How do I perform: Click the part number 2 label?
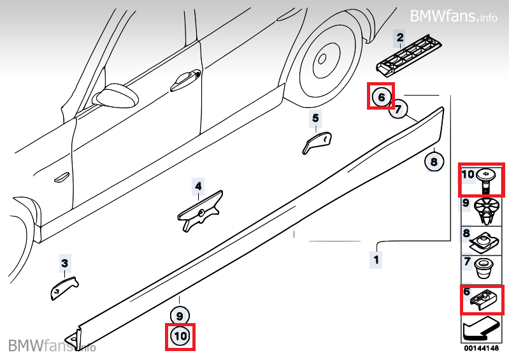click(400, 38)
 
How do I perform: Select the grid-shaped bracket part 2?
click(410, 55)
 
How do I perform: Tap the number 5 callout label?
click(315, 118)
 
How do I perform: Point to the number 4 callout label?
click(198, 186)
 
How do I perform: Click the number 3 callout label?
click(65, 263)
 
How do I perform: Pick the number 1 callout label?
click(376, 260)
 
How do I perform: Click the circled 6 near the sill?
click(381, 97)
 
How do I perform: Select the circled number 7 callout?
click(398, 109)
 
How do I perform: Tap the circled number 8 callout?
click(434, 161)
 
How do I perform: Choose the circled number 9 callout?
click(180, 316)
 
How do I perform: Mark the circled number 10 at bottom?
click(180, 336)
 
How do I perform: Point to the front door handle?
click(185, 80)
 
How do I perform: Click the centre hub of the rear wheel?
click(322, 59)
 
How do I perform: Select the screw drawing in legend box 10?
click(485, 180)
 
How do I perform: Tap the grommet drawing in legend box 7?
click(484, 268)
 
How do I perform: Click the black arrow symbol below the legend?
click(481, 330)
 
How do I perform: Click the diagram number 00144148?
click(482, 349)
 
